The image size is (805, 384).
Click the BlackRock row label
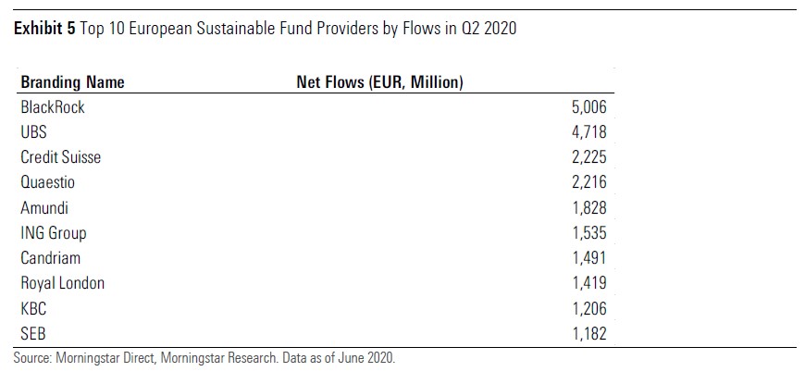(53, 107)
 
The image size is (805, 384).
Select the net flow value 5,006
(588, 107)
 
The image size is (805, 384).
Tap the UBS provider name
(35, 132)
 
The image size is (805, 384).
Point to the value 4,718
(588, 132)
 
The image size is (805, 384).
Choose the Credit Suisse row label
(61, 157)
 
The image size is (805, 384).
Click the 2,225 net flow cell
(588, 157)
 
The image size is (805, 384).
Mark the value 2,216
(588, 182)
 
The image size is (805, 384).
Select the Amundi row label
(44, 208)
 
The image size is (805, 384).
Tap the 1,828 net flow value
(588, 208)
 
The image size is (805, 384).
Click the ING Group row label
(54, 233)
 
